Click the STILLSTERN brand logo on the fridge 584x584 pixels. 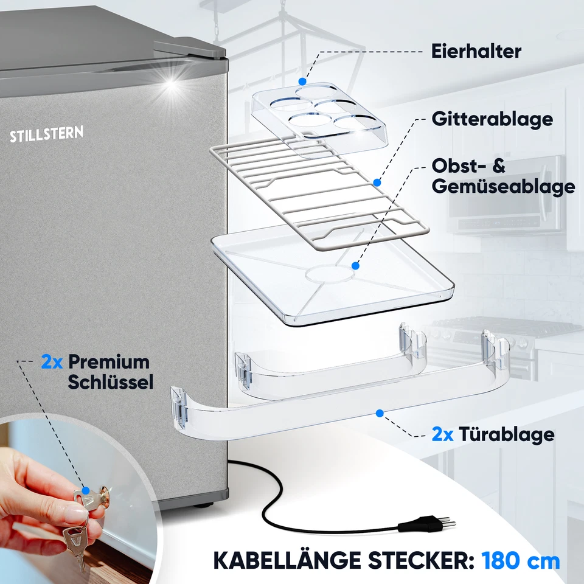[46, 134]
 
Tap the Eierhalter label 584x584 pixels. [476, 51]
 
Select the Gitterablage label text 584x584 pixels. [492, 119]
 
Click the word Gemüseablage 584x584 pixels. [503, 186]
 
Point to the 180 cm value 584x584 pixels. [521, 560]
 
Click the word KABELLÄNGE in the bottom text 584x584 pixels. [284, 560]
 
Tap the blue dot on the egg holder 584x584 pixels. [302, 80]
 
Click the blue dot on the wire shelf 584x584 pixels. [377, 181]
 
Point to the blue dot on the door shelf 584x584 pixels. [380, 413]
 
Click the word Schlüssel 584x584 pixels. [110, 381]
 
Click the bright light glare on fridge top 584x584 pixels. [172, 85]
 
